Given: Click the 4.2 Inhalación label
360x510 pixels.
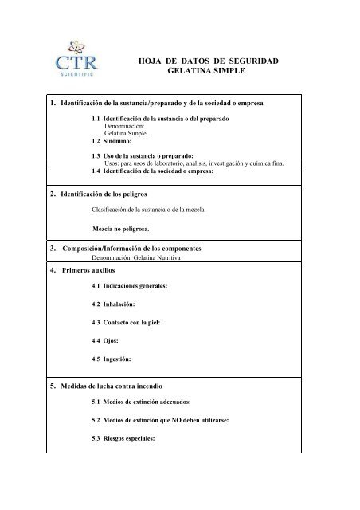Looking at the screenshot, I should tap(114, 304).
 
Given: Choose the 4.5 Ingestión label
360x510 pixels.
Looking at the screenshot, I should tap(112, 359).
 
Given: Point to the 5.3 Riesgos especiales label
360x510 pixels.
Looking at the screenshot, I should tap(127, 439).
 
